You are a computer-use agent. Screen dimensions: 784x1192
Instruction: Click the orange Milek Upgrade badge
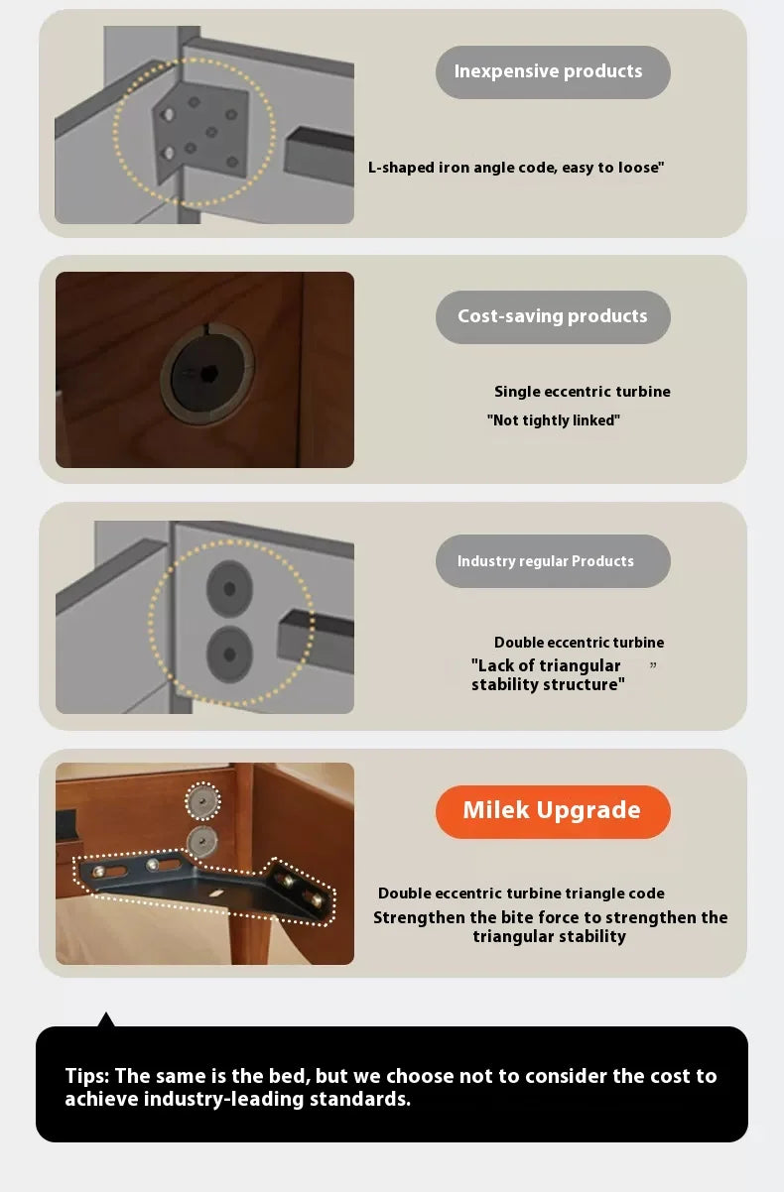[x=553, y=811]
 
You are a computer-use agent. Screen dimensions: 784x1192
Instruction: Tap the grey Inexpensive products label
[x=553, y=71]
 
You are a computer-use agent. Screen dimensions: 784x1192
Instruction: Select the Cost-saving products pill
[x=553, y=317]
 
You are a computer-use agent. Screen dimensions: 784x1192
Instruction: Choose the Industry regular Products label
[x=553, y=561]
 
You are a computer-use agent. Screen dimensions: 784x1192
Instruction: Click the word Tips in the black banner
[x=86, y=1075]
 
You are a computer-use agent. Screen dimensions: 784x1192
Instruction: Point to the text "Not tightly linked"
[x=554, y=420]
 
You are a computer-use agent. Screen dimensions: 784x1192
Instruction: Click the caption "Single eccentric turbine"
[x=583, y=392]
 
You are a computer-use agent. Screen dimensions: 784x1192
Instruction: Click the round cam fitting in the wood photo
[x=206, y=374]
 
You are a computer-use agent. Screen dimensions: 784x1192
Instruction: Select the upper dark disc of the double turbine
[x=229, y=588]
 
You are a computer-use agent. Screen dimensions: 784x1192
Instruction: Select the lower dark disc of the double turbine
[x=229, y=656]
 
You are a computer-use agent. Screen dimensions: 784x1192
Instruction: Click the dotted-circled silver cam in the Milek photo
[x=202, y=801]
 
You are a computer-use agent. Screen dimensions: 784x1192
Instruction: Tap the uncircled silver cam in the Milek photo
[x=201, y=841]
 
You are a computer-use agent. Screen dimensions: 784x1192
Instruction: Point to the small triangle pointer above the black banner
[x=106, y=1019]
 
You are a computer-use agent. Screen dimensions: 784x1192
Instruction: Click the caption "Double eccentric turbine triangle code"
[x=521, y=894]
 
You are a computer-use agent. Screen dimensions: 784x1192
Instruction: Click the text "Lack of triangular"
[x=546, y=665]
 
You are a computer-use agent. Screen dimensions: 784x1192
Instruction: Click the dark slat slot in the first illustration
[x=319, y=151]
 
